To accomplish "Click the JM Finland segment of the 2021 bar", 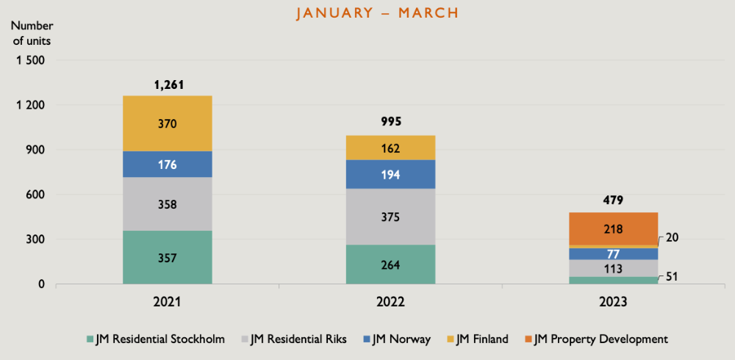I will pos(168,123).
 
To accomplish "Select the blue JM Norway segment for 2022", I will pos(390,174).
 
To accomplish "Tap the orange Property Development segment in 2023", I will pos(613,228).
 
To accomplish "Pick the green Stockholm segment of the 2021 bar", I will pos(168,257).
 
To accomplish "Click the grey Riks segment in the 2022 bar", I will pos(390,217).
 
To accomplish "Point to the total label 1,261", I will pos(168,84).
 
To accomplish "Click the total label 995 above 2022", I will pos(390,122).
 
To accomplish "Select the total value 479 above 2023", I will pos(613,199).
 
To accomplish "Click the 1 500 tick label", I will pos(31,60).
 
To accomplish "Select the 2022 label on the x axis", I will pos(390,302).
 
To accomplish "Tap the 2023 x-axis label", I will pos(613,302).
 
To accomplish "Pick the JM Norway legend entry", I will pos(395,339).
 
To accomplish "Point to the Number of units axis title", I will pos(32,33).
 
